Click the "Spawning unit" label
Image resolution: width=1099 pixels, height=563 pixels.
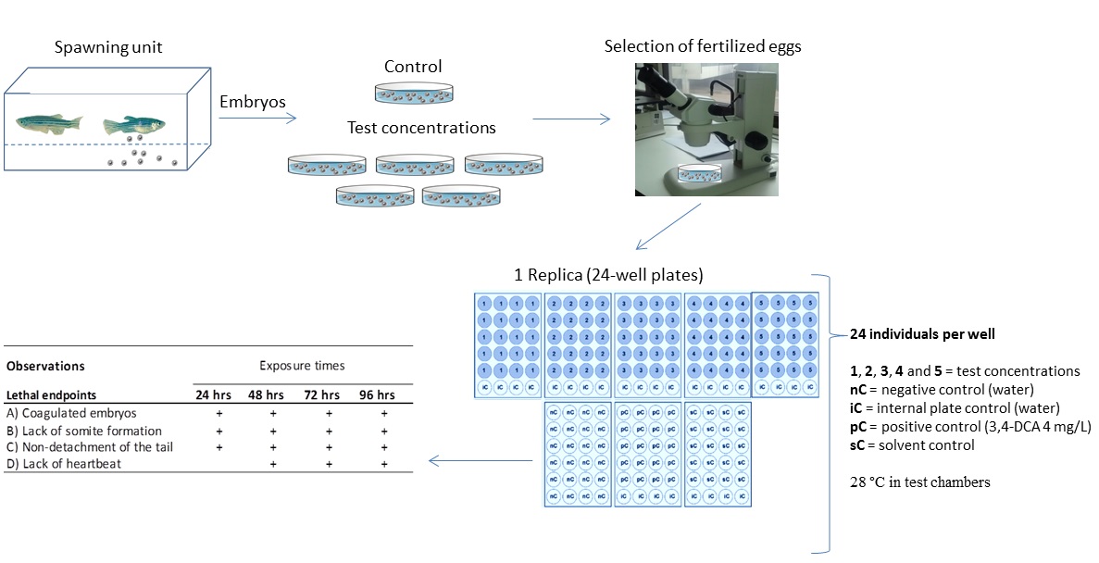pyautogui.click(x=108, y=47)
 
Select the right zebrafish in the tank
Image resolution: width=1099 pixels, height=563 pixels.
pyautogui.click(x=131, y=125)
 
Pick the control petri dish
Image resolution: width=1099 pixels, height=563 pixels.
pyautogui.click(x=413, y=93)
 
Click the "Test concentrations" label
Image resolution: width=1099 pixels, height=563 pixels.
pyautogui.click(x=421, y=128)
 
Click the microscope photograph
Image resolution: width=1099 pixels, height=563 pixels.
pyautogui.click(x=706, y=129)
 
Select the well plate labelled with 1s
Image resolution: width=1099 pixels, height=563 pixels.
pyautogui.click(x=507, y=344)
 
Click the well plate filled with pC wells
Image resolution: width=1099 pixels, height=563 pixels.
pyautogui.click(x=647, y=453)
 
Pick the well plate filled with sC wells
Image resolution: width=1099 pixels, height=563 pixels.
pyautogui.click(x=717, y=453)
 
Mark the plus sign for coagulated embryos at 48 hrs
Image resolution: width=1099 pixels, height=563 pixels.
pyautogui.click(x=273, y=414)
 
